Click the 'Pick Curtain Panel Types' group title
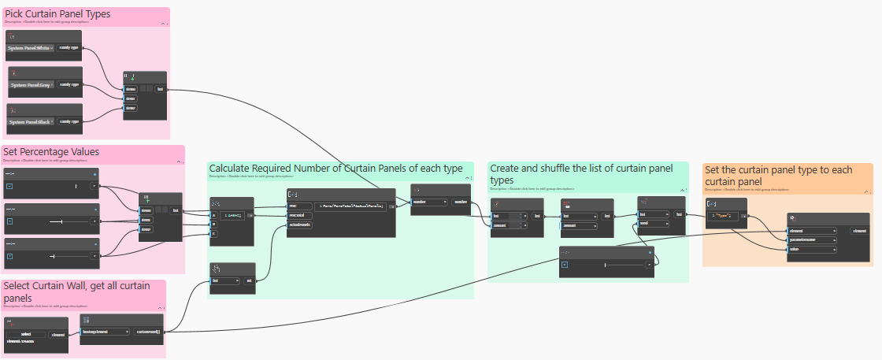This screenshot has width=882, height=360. click(x=57, y=14)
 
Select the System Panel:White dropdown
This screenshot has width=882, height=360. click(x=31, y=48)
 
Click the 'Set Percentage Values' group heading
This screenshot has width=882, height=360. click(x=51, y=151)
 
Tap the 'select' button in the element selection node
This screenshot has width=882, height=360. click(x=27, y=335)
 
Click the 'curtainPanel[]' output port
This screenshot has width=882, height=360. click(x=148, y=332)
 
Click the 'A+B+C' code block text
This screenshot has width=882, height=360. click(x=234, y=214)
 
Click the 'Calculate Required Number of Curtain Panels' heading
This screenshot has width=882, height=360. click(x=335, y=169)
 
